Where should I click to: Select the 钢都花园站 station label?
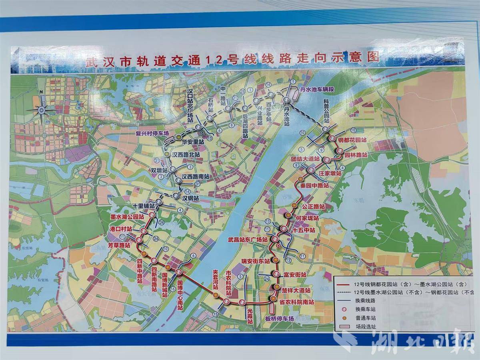352,140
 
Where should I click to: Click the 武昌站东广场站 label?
247,239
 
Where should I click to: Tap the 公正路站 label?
313,207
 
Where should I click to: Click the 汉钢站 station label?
190,197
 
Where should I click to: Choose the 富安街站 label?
295,275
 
